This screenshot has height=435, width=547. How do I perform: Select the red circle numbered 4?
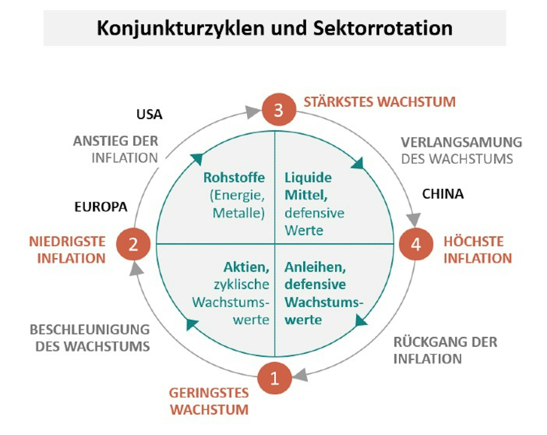pos(416,244)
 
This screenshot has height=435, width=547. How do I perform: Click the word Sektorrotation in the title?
pos(383,28)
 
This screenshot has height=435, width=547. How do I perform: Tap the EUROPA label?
pos(101,207)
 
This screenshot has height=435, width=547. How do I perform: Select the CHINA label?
pos(443,194)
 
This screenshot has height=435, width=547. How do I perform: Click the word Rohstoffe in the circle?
pos(234,177)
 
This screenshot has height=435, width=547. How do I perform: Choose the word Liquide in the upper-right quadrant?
pos(308,177)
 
